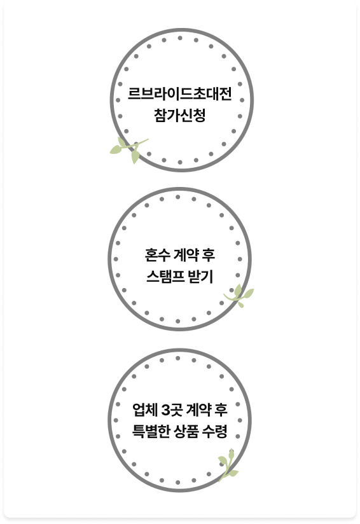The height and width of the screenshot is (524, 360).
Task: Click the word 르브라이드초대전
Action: pyautogui.click(x=180, y=93)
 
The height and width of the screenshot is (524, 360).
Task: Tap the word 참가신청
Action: pyautogui.click(x=180, y=115)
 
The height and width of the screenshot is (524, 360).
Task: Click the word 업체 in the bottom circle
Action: pyautogui.click(x=145, y=410)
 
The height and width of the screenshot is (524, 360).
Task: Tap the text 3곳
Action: pyautogui.click(x=172, y=410)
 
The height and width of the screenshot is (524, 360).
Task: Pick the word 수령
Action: pyautogui.click(x=215, y=431)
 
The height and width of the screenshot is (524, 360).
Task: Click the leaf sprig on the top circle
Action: pyautogui.click(x=128, y=149)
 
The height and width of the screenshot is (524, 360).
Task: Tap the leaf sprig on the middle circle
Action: pyautogui.click(x=239, y=296)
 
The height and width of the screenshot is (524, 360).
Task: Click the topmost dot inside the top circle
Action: pyautogui.click(x=180, y=38)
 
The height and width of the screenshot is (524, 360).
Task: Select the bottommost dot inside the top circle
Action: pyautogui.click(x=180, y=162)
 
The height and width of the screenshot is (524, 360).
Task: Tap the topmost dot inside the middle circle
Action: pyautogui.click(x=178, y=197)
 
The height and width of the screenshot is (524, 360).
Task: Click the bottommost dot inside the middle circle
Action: pyautogui.click(x=178, y=322)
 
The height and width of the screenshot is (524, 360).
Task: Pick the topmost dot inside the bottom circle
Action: pyautogui.click(x=178, y=358)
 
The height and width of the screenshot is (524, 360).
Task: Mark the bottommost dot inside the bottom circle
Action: pyautogui.click(x=178, y=483)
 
